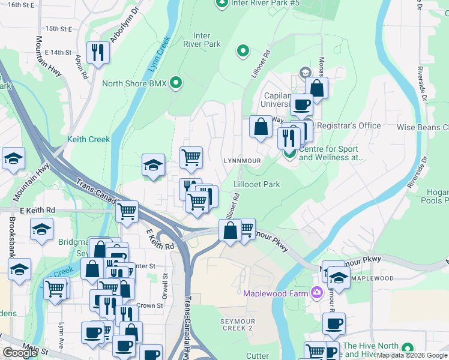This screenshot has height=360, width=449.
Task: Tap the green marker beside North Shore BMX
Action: click(176, 83)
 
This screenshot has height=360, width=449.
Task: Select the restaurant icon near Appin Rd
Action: click(97, 52)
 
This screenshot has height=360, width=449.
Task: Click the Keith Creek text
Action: click(88, 139)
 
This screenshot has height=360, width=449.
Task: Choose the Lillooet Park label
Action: click(256, 185)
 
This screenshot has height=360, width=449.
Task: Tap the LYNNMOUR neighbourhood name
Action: click(242, 161)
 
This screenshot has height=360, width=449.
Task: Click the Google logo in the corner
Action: click(20, 353)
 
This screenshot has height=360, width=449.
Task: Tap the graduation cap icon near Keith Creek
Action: click(153, 164)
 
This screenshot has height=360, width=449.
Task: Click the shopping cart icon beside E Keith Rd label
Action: click(127, 211)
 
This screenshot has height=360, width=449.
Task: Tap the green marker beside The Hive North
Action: click(408, 348)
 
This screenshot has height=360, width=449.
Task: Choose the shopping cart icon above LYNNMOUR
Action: click(191, 157)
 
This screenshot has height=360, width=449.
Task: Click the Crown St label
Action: click(149, 305)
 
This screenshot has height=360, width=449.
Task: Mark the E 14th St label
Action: click(57, 53)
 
